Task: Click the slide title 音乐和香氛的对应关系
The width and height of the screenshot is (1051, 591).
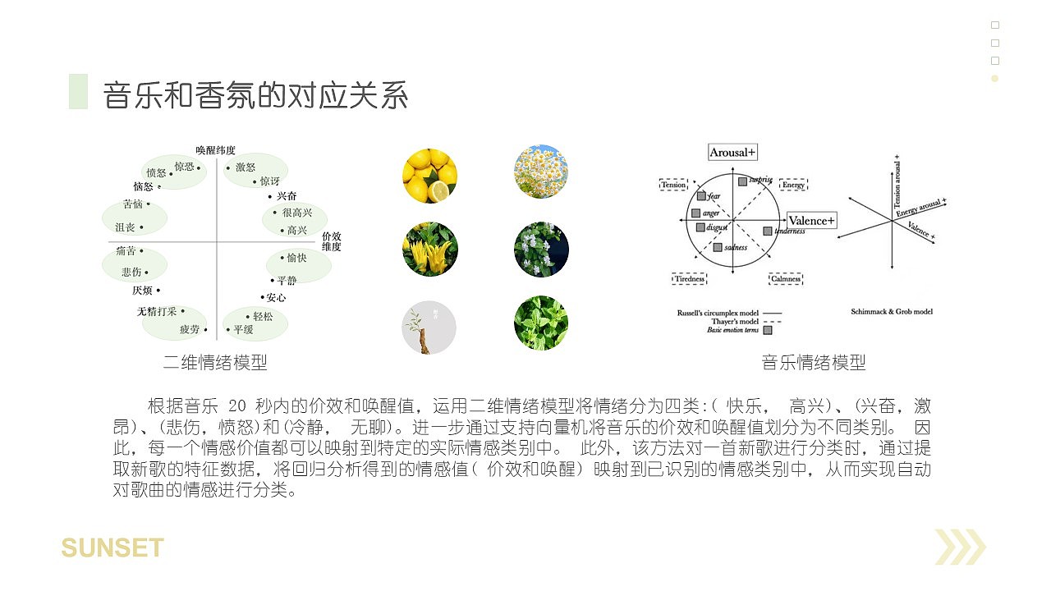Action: (255, 96)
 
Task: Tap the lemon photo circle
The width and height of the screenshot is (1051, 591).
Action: (429, 176)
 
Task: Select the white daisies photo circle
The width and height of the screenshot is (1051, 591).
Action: (541, 172)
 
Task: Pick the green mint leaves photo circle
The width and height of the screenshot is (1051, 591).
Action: (541, 323)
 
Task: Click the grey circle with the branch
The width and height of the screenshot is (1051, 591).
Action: (429, 328)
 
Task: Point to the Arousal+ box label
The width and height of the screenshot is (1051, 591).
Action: (732, 153)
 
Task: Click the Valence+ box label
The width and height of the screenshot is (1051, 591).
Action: (811, 221)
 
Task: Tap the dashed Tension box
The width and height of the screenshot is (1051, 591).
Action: (673, 186)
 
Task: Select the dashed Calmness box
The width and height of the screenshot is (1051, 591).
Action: (786, 279)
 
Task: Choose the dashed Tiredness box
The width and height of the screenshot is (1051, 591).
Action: (689, 279)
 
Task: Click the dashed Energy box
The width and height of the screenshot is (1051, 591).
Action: (793, 186)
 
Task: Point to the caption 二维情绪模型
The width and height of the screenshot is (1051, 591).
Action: (215, 363)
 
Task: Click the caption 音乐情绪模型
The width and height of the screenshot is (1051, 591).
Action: (813, 363)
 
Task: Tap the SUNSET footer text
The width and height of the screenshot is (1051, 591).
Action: (112, 547)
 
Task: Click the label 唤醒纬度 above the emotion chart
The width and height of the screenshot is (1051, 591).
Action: (215, 150)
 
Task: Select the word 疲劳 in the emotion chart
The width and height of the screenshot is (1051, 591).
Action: (190, 329)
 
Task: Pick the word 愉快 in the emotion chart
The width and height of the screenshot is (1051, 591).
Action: (296, 258)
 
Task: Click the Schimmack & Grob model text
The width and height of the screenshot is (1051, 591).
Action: (892, 312)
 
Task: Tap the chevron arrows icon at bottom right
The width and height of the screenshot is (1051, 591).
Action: (960, 547)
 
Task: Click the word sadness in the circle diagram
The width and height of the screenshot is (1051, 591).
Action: (736, 247)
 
